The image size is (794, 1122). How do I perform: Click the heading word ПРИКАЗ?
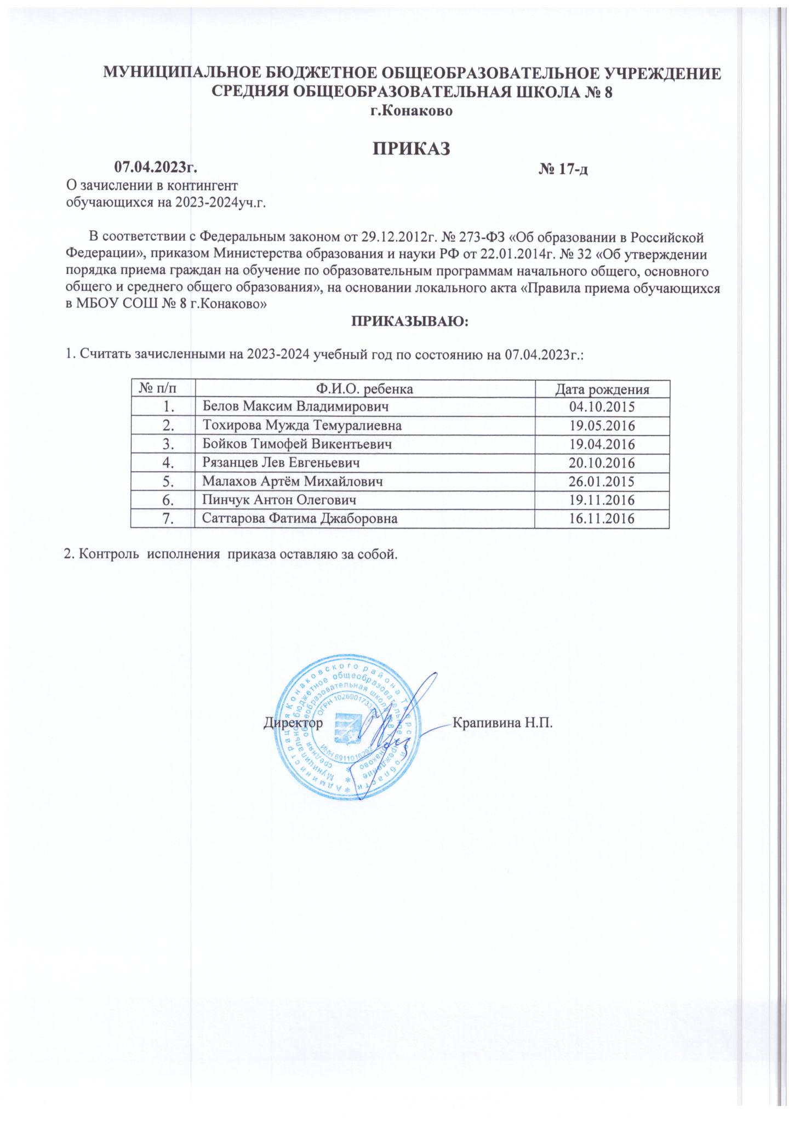411,148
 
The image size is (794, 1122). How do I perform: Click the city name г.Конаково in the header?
411,111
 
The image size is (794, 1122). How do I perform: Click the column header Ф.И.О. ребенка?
364,390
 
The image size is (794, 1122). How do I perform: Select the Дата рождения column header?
602,390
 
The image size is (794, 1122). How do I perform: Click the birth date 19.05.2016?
602,425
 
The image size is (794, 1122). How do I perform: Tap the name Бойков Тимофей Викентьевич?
297,444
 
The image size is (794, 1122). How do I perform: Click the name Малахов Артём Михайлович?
292,482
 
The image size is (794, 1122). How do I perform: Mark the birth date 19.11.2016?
602,500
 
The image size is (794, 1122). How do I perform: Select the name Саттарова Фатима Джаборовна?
300,518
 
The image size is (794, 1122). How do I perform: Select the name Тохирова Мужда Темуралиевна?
302,425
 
